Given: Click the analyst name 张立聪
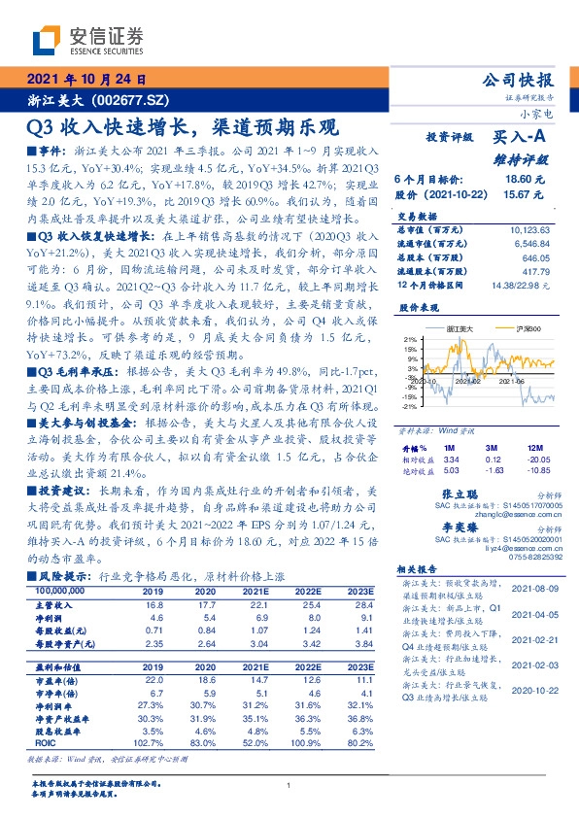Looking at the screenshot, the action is point(459,494).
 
